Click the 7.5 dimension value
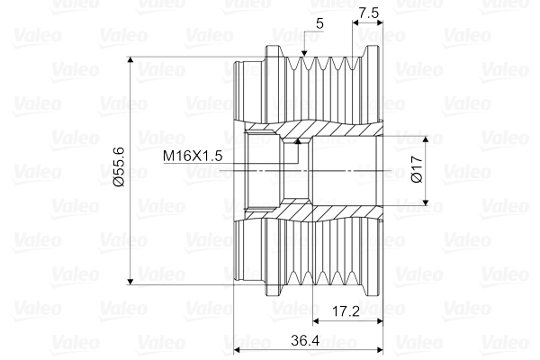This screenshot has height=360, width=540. [368, 13]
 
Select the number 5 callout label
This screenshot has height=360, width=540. [319, 23]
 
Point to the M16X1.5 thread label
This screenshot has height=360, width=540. [193, 156]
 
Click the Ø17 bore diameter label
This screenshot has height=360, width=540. [417, 169]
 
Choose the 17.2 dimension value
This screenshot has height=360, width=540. [346, 311]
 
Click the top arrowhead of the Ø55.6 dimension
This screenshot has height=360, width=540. [130, 60]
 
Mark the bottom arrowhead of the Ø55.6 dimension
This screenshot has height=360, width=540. [130, 282]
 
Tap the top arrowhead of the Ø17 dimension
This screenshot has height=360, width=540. [426, 139]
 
